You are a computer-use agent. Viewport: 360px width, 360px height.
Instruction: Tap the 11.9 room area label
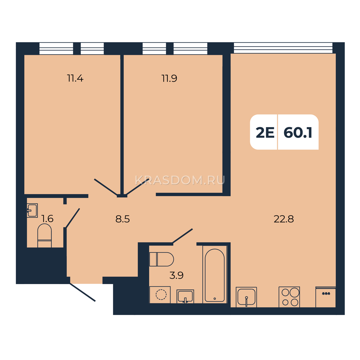pyautogui.click(x=169, y=78)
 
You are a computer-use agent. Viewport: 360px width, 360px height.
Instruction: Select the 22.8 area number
pyautogui.click(x=284, y=219)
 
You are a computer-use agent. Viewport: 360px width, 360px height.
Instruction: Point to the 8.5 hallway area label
pyautogui.click(x=123, y=219)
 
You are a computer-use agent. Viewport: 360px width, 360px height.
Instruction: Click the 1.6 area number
pyautogui.click(x=48, y=219)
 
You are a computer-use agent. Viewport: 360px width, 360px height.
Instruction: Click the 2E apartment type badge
pyautogui.click(x=265, y=133)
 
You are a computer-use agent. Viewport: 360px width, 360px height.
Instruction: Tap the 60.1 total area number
pyautogui.click(x=298, y=133)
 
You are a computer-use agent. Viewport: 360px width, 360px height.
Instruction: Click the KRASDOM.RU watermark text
pyautogui.click(x=180, y=181)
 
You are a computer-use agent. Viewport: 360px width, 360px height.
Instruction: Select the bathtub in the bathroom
pyautogui.click(x=215, y=274)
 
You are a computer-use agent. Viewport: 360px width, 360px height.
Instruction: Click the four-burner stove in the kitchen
pyautogui.click(x=289, y=297)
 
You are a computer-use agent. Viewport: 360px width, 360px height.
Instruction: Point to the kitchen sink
pyautogui.click(x=246, y=297)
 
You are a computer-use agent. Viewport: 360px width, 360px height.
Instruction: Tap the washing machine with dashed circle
pyautogui.click(x=160, y=295)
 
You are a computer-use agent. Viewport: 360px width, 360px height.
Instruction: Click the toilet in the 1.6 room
pyautogui.click(x=44, y=235)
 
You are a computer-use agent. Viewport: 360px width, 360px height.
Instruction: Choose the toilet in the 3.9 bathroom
pyautogui.click(x=162, y=259)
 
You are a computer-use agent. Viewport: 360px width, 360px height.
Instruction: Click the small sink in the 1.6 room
pyautogui.click(x=32, y=210)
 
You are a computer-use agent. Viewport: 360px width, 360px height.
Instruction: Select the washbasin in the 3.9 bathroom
pyautogui.click(x=185, y=296)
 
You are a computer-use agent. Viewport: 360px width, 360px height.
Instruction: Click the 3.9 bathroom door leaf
pyautogui.click(x=182, y=236)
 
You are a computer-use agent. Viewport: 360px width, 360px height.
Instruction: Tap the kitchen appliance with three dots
pyautogui.click(x=325, y=297)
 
